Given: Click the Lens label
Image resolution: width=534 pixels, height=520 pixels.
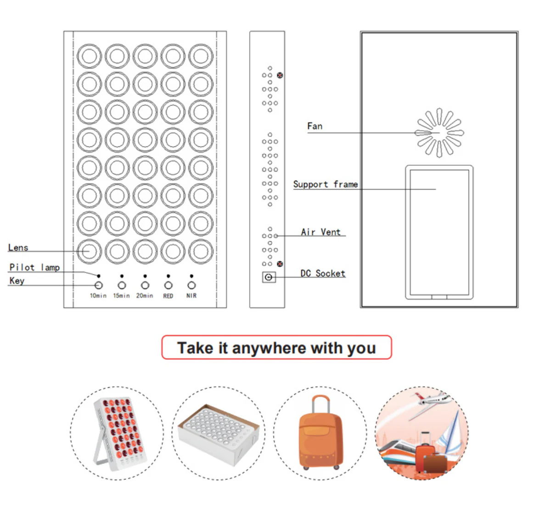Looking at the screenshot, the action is (18, 247).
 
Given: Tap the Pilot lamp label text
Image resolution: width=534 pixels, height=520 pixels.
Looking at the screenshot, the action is (34, 268).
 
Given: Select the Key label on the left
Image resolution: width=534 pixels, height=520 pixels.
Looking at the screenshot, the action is (17, 281).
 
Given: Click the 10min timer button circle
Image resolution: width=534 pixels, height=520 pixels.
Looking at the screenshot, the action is (98, 285).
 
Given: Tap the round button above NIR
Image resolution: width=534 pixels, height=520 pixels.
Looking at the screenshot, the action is (192, 285).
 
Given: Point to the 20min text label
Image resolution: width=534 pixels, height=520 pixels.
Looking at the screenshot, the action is (145, 296).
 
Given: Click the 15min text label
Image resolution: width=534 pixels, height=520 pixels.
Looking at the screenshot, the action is (122, 296).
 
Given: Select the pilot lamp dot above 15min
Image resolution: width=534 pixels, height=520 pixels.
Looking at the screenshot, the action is (122, 276).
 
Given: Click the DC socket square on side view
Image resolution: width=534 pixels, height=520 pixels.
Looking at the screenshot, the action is (269, 277).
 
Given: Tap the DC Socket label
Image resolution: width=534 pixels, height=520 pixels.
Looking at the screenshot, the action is (323, 273).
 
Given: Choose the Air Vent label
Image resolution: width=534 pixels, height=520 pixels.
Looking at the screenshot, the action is (320, 232).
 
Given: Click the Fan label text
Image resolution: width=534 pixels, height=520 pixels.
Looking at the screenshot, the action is (315, 126).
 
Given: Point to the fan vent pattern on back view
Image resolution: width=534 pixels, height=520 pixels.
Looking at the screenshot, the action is (439, 133).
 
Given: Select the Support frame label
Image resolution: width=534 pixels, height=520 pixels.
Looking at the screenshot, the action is (326, 185).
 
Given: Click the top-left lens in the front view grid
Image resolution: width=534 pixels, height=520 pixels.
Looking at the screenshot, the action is (89, 56).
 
